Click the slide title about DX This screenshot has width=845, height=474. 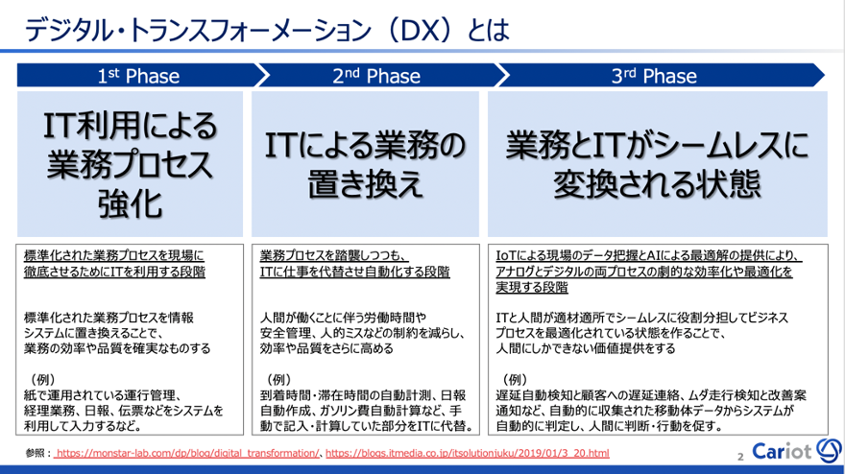click(267, 30)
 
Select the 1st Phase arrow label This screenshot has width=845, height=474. click(138, 76)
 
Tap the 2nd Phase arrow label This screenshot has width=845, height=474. click(376, 76)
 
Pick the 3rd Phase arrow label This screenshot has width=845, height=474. click(654, 76)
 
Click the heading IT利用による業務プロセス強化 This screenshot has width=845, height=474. click(130, 164)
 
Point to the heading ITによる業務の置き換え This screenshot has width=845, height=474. click(366, 164)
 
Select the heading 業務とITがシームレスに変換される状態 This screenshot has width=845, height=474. click(658, 164)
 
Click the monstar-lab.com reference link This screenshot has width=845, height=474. click(188, 454)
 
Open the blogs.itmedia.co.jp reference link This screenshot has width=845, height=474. click(468, 454)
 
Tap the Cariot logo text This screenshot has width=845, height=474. click(782, 451)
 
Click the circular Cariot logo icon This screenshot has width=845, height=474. click(829, 450)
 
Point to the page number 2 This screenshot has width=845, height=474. click(740, 457)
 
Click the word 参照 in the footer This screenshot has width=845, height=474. click(35, 454)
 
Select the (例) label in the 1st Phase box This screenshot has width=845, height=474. click(40, 380)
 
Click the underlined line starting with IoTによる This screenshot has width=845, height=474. click(649, 256)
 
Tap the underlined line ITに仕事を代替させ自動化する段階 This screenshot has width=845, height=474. click(354, 272)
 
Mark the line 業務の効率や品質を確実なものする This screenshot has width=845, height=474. click(117, 348)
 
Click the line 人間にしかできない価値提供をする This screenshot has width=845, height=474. click(586, 348)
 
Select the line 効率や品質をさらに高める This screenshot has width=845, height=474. click(326, 348)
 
